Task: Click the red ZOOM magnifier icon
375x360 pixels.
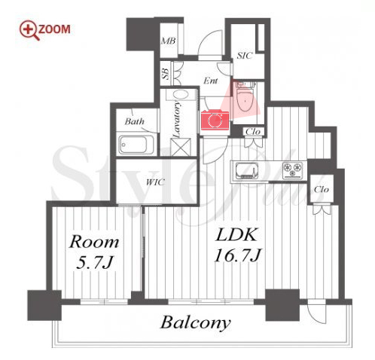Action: (29, 30)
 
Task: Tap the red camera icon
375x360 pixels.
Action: (215, 120)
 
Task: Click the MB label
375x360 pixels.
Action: (168, 41)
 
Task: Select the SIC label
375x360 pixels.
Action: (244, 56)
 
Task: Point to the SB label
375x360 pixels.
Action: (166, 74)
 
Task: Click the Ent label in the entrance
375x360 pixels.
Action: (210, 81)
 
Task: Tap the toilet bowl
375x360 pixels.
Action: (245, 99)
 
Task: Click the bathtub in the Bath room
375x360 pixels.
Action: (136, 145)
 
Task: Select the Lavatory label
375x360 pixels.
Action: (177, 119)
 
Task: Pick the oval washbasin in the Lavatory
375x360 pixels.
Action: (180, 95)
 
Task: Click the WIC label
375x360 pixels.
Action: (155, 182)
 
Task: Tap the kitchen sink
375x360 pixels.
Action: (246, 171)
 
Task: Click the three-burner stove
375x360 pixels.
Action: (292, 169)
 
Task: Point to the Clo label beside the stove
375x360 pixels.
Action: (322, 189)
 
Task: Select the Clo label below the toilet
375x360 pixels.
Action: (253, 132)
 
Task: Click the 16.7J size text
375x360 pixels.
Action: (237, 255)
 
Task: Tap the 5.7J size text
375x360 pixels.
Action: (93, 263)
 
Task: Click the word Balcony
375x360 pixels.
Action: (195, 323)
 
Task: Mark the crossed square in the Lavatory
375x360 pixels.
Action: (180, 147)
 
